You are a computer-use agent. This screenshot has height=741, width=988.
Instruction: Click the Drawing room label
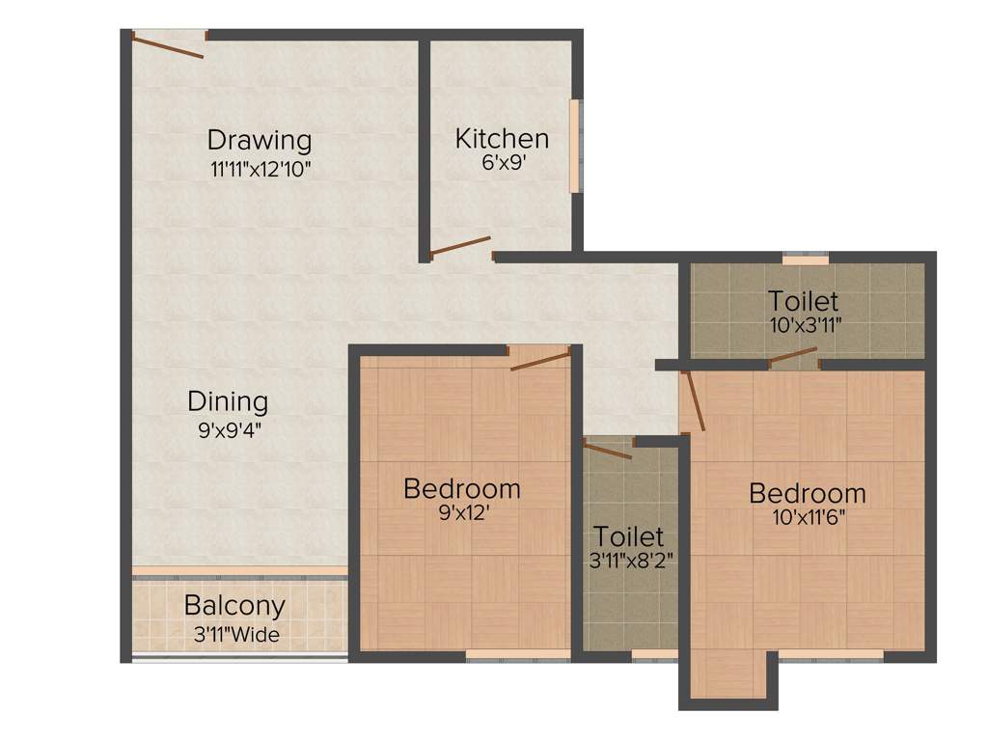coord(260,140)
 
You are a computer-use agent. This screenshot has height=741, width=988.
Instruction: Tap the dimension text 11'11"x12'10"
coord(261,168)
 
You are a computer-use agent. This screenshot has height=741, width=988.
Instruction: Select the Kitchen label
coord(502,138)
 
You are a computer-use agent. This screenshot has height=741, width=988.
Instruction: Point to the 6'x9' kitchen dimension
coord(502,163)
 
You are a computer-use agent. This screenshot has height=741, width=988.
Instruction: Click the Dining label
coord(228,400)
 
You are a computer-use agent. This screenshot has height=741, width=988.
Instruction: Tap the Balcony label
coord(234,606)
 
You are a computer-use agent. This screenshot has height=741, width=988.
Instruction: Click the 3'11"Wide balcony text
coord(235,635)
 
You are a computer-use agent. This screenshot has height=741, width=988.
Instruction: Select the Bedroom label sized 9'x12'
coord(461,488)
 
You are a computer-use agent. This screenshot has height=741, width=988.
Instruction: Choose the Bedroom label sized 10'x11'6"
coord(808,493)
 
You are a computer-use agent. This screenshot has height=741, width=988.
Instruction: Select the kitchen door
coord(460,247)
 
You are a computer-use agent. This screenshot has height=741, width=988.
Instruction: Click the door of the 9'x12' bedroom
coord(540,361)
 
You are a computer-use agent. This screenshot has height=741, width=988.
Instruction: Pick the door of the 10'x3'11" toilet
coord(792,358)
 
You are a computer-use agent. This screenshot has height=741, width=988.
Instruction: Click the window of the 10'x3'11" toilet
coord(805,259)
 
